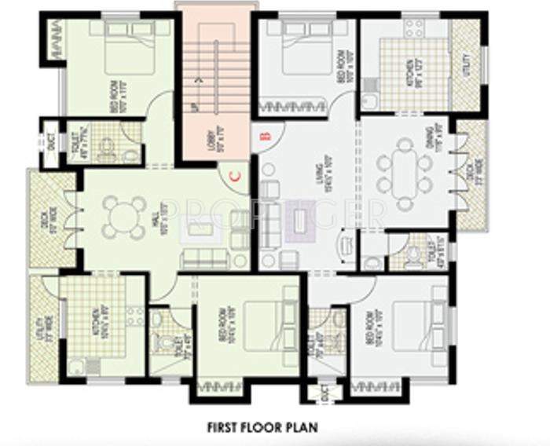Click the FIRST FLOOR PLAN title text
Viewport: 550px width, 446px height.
pyautogui.click(x=262, y=428)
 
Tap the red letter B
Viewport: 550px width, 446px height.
pyautogui.click(x=266, y=135)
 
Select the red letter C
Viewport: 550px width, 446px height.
pyautogui.click(x=234, y=176)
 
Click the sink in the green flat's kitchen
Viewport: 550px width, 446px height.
pyautogui.click(x=75, y=366)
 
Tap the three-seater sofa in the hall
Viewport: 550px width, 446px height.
pyautogui.click(x=203, y=260)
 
